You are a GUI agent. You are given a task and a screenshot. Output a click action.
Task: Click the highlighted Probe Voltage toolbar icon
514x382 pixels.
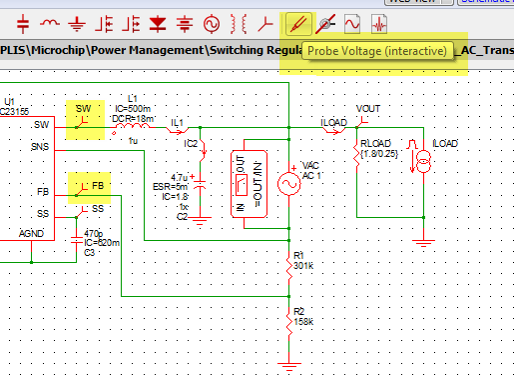click(296, 21)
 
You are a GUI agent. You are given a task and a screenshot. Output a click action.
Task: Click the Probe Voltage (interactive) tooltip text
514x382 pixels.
click(376, 50)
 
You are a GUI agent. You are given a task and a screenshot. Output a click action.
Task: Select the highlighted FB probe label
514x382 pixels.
click(88, 187)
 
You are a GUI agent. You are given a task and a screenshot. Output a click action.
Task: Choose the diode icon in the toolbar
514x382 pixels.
click(156, 21)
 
